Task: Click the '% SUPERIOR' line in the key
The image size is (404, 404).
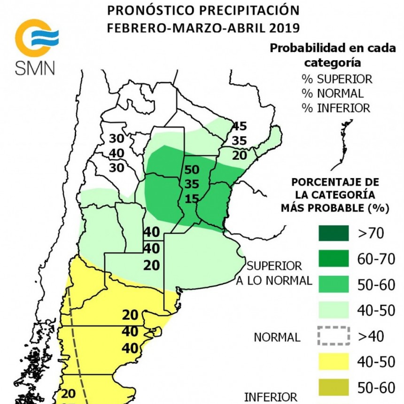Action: (337, 78)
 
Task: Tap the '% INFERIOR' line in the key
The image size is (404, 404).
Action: (336, 108)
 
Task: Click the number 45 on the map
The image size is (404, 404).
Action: (239, 126)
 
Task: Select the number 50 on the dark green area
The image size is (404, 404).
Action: (192, 170)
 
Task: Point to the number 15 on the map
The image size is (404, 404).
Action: (192, 199)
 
